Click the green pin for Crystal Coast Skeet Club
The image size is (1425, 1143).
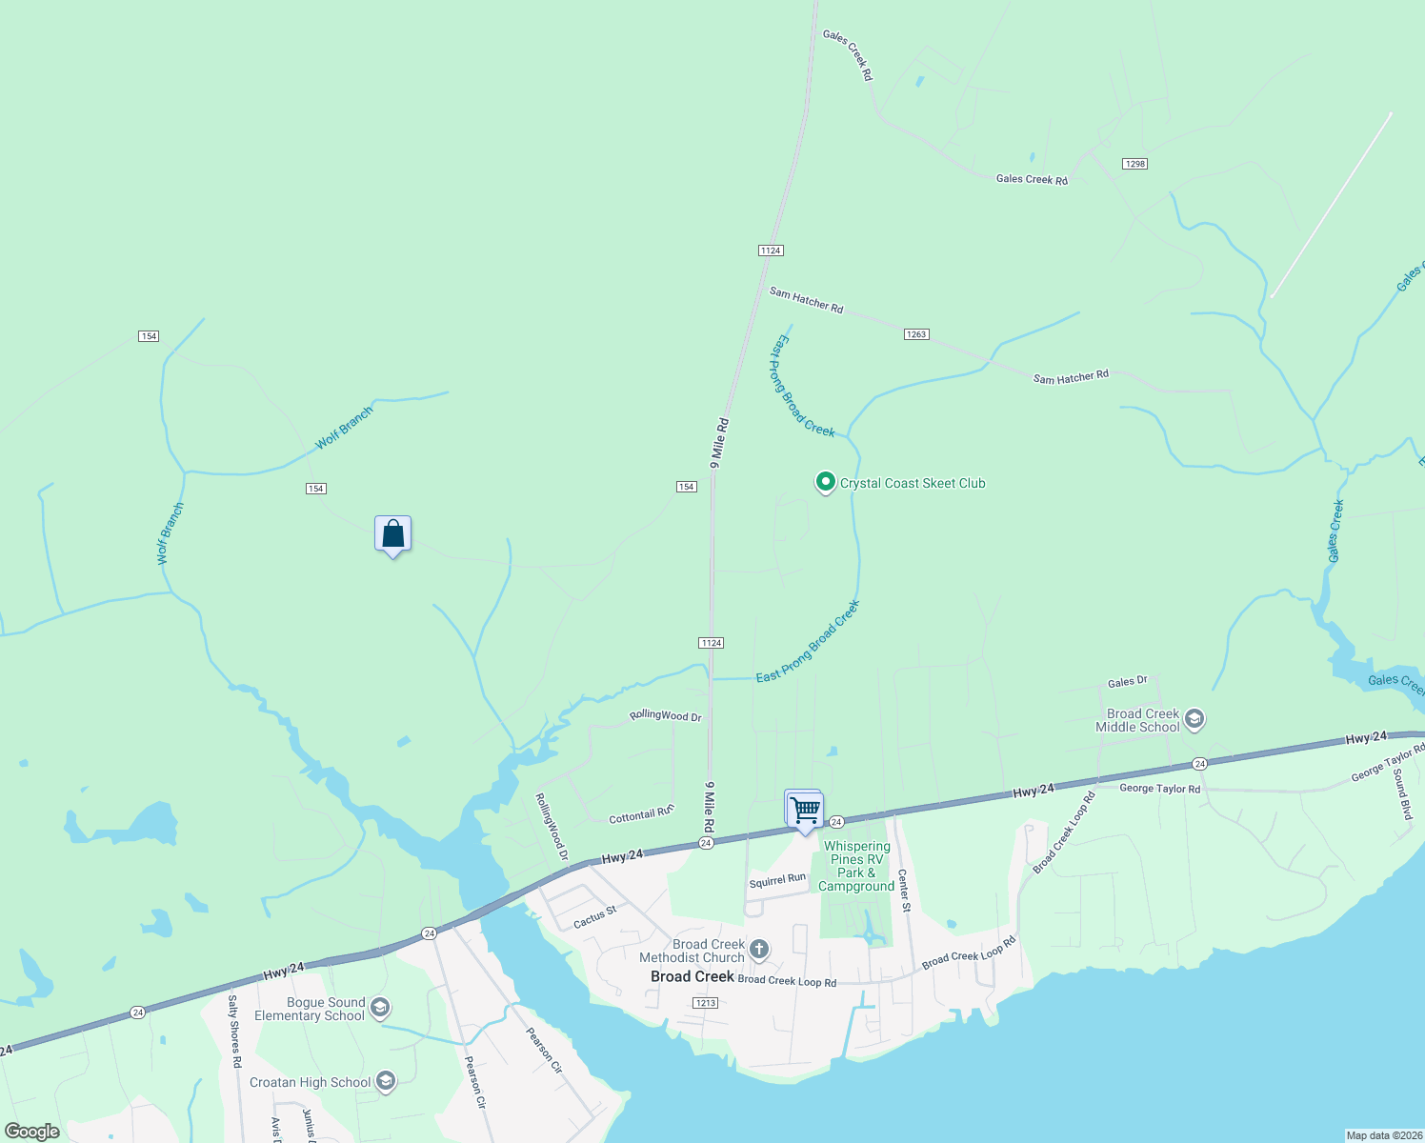[825, 483]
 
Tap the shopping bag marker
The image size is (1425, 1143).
[392, 534]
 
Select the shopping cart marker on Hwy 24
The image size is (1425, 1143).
[805, 810]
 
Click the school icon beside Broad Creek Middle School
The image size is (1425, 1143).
[1195, 720]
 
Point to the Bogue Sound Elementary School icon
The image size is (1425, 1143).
[379, 1008]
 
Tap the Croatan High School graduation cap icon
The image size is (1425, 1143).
[386, 1081]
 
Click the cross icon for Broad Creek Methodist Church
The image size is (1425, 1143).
[759, 950]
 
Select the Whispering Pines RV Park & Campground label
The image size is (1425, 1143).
[857, 866]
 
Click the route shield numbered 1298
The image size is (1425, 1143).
[1134, 164]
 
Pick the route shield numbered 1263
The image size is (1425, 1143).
[916, 334]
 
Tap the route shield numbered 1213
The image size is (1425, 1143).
[705, 1003]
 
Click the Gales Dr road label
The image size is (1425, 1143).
[1128, 682]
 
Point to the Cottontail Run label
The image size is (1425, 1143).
[641, 814]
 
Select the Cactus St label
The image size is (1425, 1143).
[595, 918]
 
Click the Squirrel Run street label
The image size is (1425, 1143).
[777, 881]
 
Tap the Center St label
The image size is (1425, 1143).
[904, 891]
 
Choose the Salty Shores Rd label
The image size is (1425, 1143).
[234, 1031]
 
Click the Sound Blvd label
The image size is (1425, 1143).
[1401, 796]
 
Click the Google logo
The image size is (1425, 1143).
[31, 1132]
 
